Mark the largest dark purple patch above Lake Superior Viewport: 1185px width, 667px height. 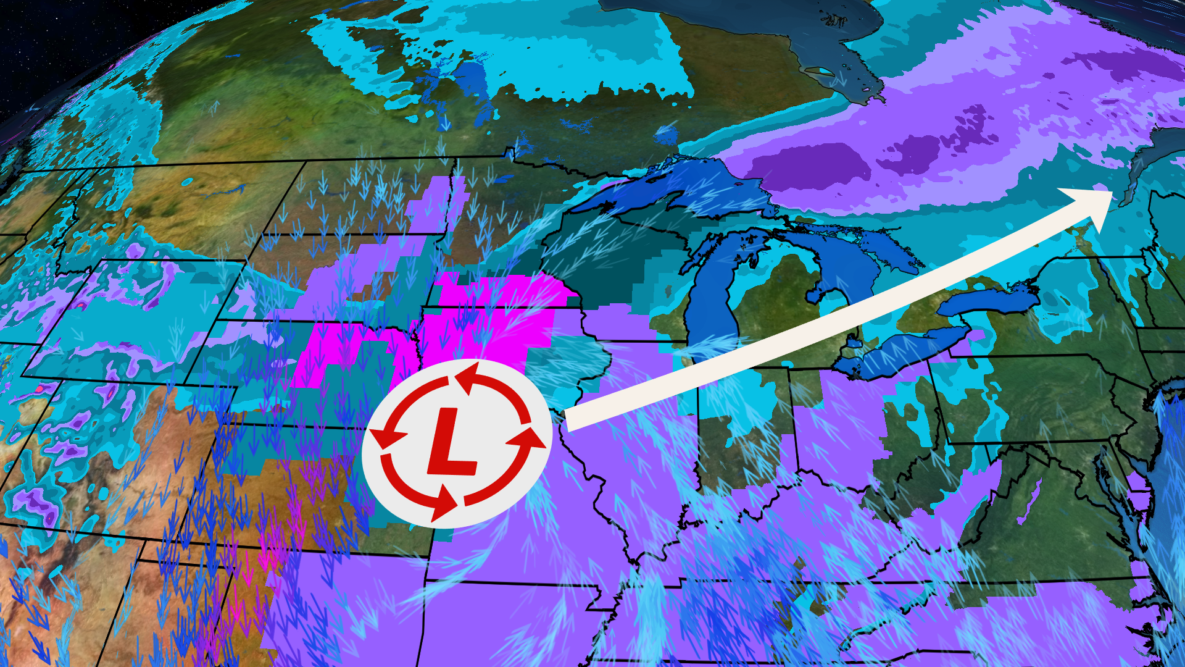tap(809, 167)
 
